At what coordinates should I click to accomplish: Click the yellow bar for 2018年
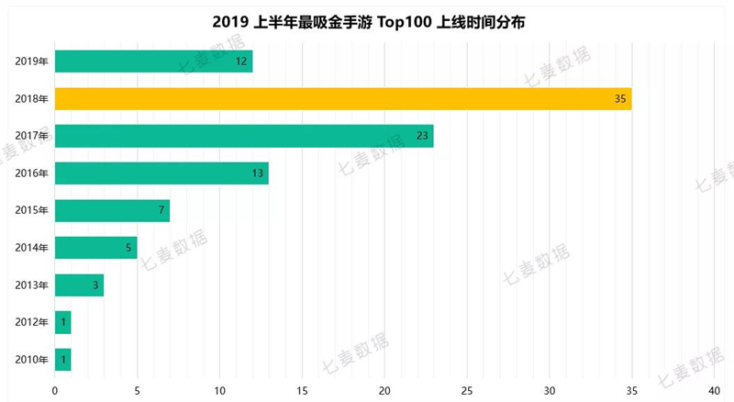point(343,99)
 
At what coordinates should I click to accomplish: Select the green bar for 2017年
point(244,136)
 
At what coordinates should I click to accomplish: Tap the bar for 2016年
point(161,173)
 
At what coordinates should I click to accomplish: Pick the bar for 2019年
point(153,61)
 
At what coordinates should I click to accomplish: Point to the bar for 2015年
point(112,210)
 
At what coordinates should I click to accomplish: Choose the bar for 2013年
point(79,285)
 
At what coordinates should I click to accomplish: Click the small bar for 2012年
point(62,322)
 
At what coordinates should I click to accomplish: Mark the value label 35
point(621,99)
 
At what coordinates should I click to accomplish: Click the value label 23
point(423,136)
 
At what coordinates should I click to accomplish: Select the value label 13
point(258,173)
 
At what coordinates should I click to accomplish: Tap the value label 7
point(161,210)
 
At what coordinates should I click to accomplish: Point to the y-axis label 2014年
point(31,248)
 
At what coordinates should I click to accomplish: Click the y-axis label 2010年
point(31,359)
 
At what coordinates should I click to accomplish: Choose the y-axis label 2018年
point(31,99)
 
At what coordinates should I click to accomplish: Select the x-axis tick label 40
point(715,390)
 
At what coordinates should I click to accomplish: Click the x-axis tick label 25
point(467,390)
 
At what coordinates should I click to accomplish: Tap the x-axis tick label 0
point(55,390)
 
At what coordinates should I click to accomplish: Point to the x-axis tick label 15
point(302,390)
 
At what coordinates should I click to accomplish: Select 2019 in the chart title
point(228,19)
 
